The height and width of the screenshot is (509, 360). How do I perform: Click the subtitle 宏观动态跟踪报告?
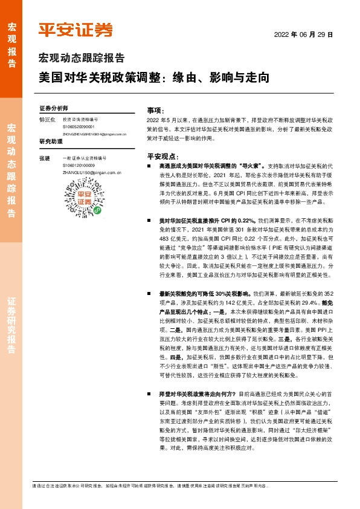tap(82, 59)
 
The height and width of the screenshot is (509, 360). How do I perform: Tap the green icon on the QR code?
tap(98, 210)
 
